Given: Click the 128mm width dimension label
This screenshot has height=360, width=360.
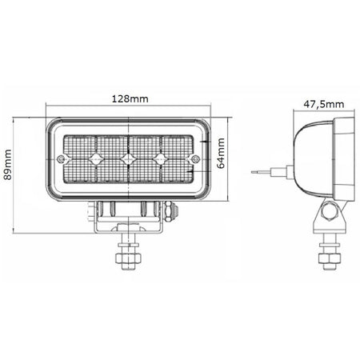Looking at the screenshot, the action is click(130, 99).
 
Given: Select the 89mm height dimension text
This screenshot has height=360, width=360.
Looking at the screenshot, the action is click(8, 165).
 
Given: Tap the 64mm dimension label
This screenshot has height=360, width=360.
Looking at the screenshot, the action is click(221, 154).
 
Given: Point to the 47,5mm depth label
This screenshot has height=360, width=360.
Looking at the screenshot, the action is click(323, 104).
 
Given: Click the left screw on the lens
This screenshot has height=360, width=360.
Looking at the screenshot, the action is click(61, 159).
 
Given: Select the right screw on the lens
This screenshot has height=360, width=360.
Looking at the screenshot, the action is click(196, 159).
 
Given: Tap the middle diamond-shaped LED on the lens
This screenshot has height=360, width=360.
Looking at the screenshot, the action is click(128, 159).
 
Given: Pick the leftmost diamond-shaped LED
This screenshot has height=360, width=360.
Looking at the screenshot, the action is click(96, 159).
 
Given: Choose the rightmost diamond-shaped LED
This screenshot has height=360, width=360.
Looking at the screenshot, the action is click(160, 159).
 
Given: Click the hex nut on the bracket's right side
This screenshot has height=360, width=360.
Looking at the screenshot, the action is click(170, 211).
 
